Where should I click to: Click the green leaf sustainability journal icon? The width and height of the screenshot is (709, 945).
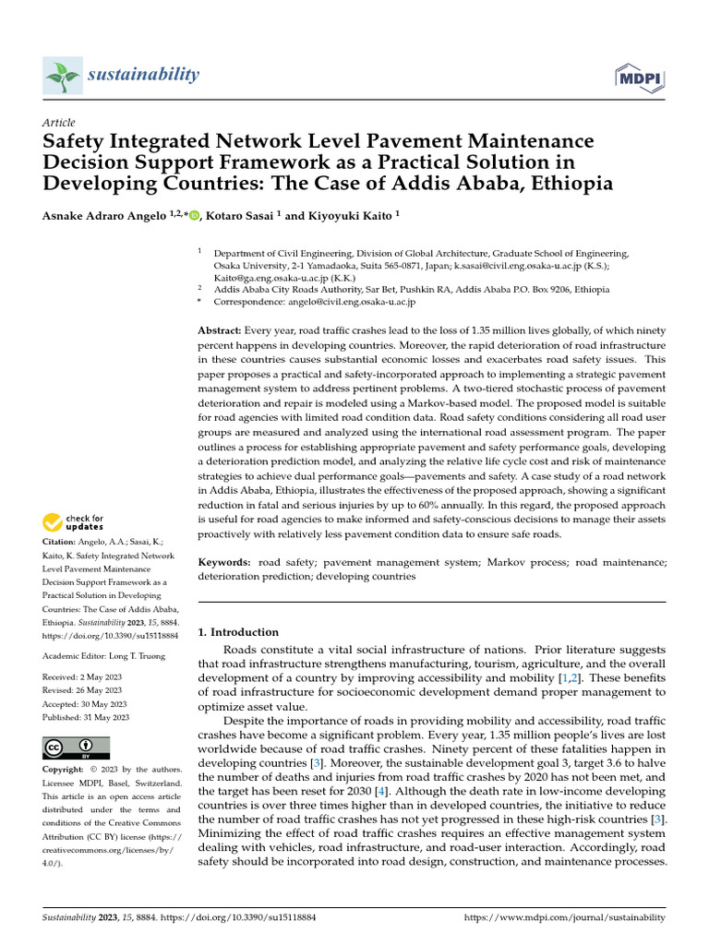61,75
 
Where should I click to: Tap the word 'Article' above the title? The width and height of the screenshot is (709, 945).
59,123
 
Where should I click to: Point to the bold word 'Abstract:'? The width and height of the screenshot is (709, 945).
220,330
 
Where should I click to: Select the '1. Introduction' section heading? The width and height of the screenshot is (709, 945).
238,632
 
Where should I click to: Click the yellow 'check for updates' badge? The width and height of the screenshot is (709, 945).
75,522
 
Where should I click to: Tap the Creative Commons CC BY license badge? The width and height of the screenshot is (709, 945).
76,748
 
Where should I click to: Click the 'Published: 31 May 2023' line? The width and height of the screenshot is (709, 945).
86,717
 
